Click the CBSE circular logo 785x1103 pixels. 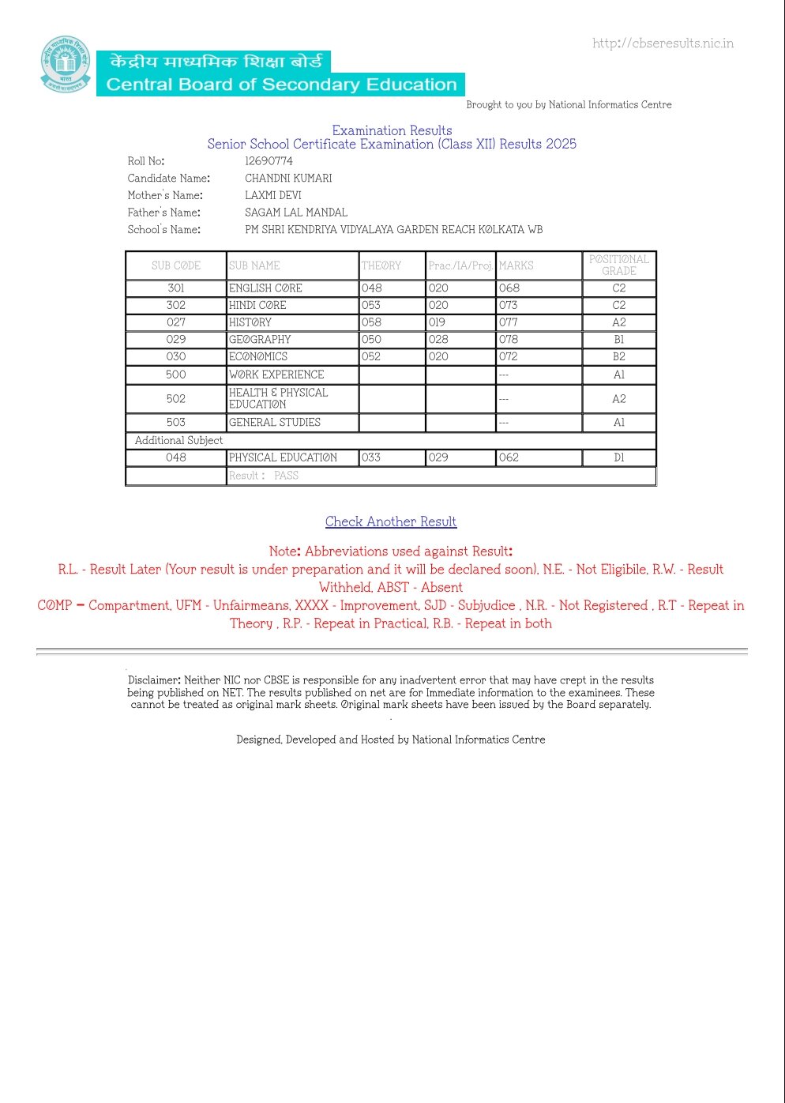click(x=66, y=64)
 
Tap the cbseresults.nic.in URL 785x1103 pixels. click(x=663, y=43)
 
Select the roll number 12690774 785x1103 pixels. click(x=269, y=161)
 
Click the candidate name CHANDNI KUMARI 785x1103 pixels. click(x=288, y=179)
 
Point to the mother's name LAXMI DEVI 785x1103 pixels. click(x=273, y=195)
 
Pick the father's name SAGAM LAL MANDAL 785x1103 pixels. click(x=296, y=213)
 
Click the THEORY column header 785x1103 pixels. click(x=381, y=265)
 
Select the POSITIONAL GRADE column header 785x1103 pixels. click(x=619, y=265)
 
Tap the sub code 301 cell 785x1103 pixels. click(x=176, y=288)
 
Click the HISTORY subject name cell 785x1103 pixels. click(x=250, y=322)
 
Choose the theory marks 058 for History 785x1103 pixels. click(x=371, y=322)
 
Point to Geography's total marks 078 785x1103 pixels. click(x=509, y=340)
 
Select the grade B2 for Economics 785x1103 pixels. click(x=619, y=357)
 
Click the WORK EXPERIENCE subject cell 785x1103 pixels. click(x=276, y=375)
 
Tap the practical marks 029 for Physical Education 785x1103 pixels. click(x=438, y=457)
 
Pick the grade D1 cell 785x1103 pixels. click(x=619, y=457)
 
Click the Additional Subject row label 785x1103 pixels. click(x=178, y=440)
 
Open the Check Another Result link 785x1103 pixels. click(x=391, y=521)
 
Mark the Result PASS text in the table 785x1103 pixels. click(x=264, y=476)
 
